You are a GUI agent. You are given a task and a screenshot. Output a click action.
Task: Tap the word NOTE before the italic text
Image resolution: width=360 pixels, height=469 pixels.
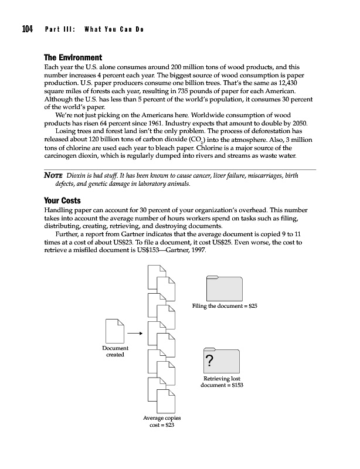(x=54, y=175)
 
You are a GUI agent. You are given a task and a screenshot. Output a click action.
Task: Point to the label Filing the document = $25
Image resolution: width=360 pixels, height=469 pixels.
(x=225, y=306)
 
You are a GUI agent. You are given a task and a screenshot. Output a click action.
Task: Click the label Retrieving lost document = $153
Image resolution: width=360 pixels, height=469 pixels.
(x=222, y=382)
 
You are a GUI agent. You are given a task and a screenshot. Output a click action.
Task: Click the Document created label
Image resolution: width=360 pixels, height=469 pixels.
(x=115, y=352)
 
